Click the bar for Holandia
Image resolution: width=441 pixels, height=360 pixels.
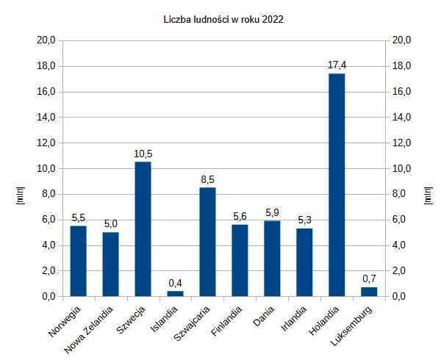pos(337,185)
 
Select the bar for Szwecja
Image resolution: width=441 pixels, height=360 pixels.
pos(143,229)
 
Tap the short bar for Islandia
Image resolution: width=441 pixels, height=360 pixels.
pos(175,293)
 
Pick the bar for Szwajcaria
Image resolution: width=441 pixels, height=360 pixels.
pos(207,242)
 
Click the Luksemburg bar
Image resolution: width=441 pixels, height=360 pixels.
pos(369,292)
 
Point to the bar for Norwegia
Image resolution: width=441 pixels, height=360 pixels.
pos(78,261)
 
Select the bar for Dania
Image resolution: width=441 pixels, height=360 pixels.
pos(272,259)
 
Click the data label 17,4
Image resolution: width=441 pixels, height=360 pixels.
pos(337,65)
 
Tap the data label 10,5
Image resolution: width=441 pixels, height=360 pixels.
pos(143,154)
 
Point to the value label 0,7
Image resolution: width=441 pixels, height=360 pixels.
pos(369,278)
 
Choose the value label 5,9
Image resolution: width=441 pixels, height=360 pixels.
pos(272,212)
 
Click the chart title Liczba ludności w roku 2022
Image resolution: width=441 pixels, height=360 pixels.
pos(223,20)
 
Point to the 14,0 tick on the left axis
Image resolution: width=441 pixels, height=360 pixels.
pos(46,118)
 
